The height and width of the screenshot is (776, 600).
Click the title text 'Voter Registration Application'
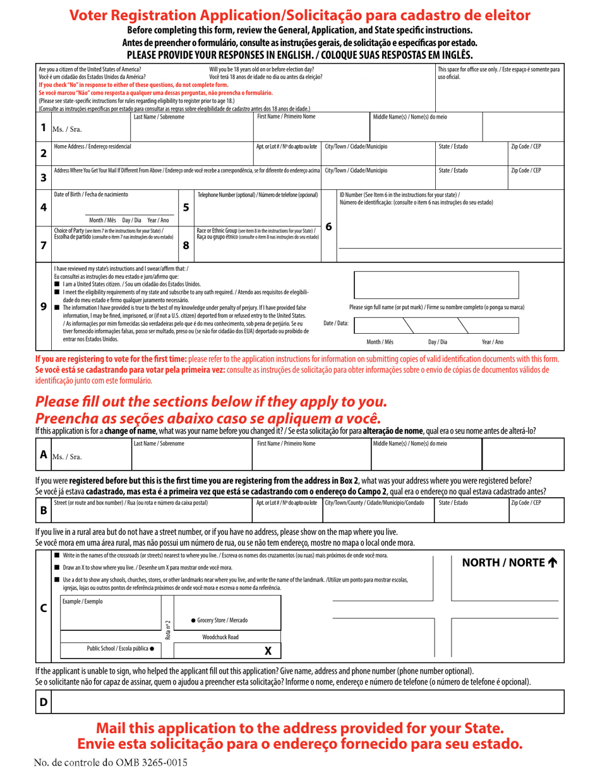point(176,16)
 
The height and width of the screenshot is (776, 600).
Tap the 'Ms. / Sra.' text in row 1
point(66,129)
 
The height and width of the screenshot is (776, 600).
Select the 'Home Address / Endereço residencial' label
point(93,146)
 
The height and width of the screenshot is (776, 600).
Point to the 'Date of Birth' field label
point(91,194)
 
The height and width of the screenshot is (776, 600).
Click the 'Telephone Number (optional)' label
point(258,195)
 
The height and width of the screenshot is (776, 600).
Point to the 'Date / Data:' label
point(335,323)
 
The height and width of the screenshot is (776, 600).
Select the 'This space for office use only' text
point(498,73)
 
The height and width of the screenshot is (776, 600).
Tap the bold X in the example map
point(268,651)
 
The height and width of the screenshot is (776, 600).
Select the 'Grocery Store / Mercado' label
point(219,621)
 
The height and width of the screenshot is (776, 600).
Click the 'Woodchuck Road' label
point(220,637)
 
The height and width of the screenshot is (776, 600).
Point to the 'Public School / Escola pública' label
point(120,648)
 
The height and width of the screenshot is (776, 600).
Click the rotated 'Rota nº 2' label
point(168,629)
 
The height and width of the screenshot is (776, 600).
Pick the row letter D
point(44,702)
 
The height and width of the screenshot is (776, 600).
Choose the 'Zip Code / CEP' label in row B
point(525,503)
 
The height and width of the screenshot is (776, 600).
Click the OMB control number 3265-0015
point(111,762)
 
